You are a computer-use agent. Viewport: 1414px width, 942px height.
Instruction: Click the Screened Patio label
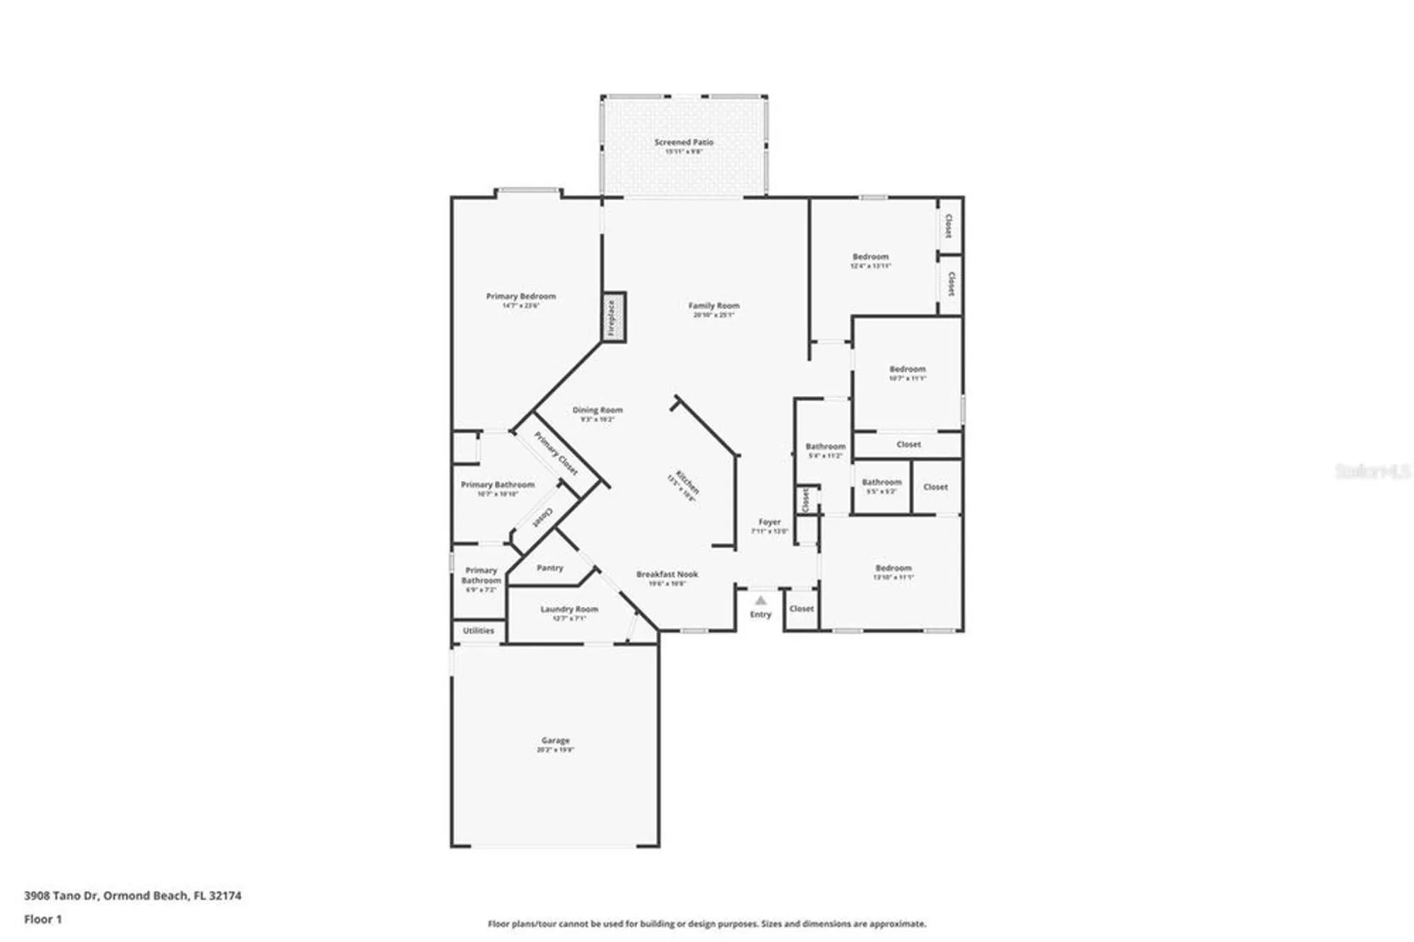684,142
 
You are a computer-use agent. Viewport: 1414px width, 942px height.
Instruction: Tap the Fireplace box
613,318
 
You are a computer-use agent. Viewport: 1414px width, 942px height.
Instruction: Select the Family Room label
713,306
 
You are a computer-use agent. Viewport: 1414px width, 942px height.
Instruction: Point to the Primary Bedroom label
521,296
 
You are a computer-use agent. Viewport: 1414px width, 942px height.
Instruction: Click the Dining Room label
597,409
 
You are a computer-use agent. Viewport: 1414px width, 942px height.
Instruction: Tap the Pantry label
549,568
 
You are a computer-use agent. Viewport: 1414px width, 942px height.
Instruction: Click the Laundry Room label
569,609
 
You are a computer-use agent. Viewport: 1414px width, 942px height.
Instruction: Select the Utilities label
479,630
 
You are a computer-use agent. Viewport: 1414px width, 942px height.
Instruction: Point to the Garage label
555,740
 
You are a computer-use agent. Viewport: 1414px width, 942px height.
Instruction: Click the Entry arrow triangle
761,600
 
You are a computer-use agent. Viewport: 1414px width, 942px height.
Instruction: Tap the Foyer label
769,522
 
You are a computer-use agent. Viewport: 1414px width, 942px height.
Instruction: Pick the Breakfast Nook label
667,574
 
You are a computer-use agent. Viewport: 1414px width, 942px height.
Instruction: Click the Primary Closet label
556,453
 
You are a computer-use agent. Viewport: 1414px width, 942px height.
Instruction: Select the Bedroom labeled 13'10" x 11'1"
893,568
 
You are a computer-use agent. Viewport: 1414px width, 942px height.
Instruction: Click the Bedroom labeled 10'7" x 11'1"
907,369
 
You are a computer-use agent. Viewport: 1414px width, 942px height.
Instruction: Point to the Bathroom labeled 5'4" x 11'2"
825,446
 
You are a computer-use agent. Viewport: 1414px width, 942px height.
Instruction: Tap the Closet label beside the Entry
802,608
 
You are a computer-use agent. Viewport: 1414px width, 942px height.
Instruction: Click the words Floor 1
43,919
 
